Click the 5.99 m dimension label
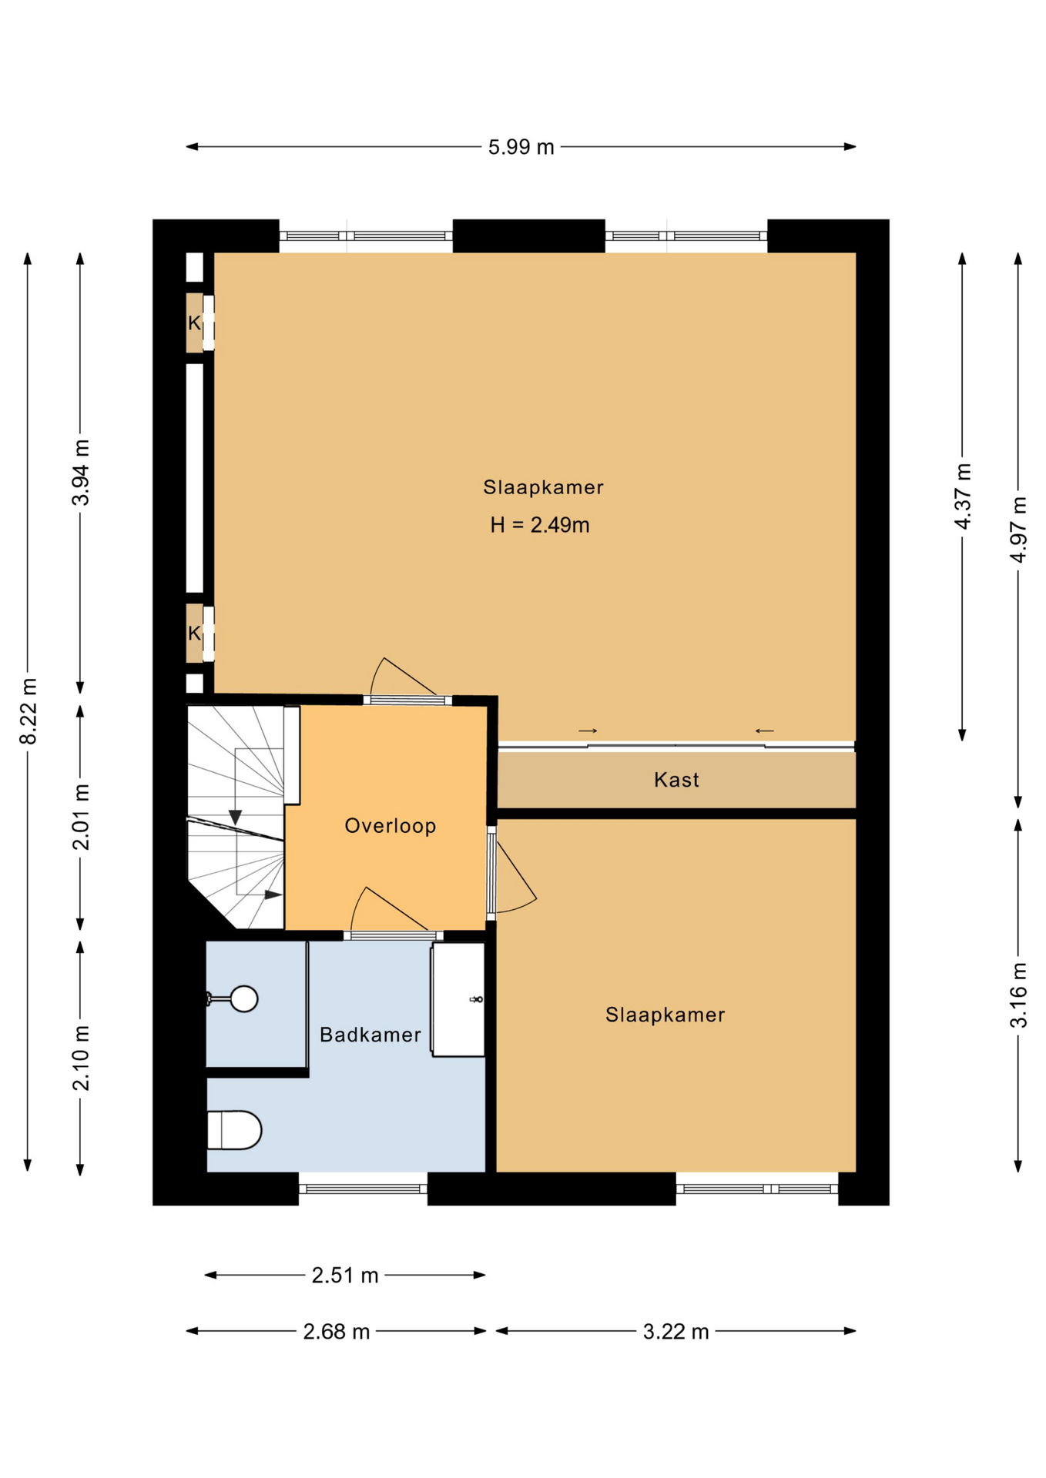(521, 147)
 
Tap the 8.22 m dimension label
(28, 711)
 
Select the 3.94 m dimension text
(81, 473)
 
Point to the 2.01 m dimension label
(81, 817)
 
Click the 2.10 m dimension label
(81, 1058)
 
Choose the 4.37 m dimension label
(963, 497)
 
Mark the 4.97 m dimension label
(1018, 530)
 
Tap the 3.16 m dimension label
(1018, 995)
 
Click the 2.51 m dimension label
(345, 1276)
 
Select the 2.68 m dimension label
(337, 1331)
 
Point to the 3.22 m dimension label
(676, 1331)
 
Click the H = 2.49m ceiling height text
(540, 525)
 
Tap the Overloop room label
(391, 826)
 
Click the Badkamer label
(370, 1035)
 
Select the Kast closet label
(676, 780)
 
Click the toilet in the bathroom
(235, 1130)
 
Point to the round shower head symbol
(244, 999)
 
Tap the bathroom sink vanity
(458, 999)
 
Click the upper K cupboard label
(194, 323)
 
